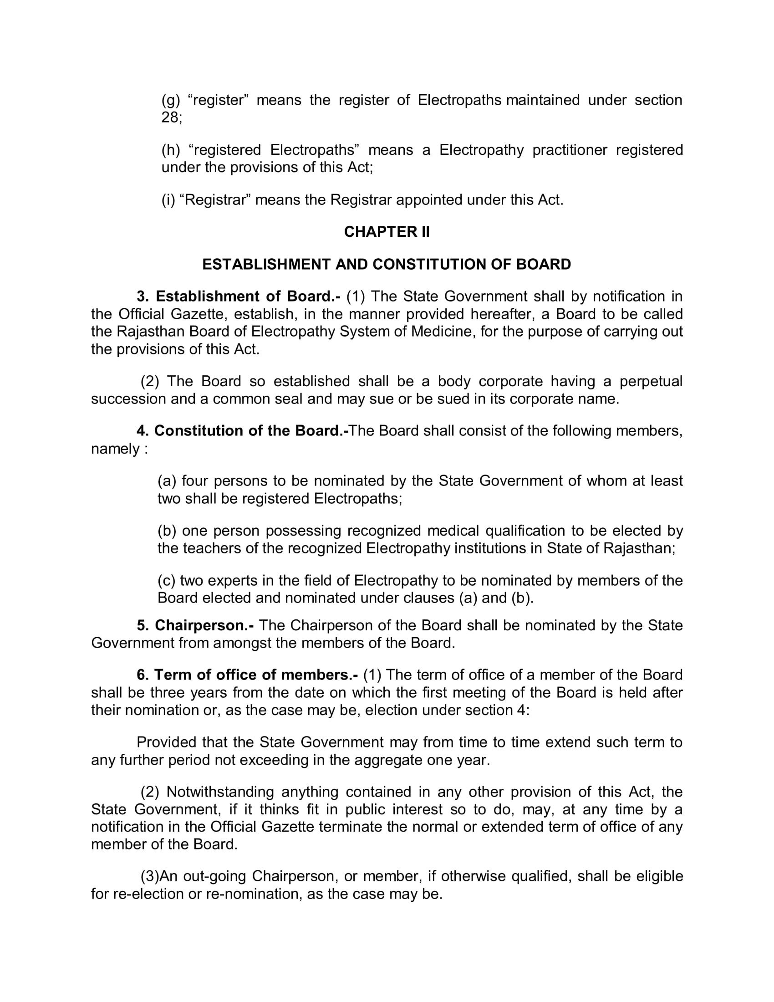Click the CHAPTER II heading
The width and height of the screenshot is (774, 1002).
387,232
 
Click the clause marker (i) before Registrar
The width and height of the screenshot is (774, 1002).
168,200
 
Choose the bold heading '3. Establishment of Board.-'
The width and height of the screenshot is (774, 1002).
239,297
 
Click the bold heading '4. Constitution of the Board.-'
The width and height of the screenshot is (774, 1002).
243,431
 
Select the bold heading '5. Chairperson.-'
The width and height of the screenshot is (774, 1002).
195,625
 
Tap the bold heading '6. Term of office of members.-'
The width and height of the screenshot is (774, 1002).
247,675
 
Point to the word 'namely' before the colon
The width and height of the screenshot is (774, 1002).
115,449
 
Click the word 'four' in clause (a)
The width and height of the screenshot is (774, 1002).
196,481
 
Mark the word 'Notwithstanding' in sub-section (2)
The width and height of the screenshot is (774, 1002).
220,792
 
